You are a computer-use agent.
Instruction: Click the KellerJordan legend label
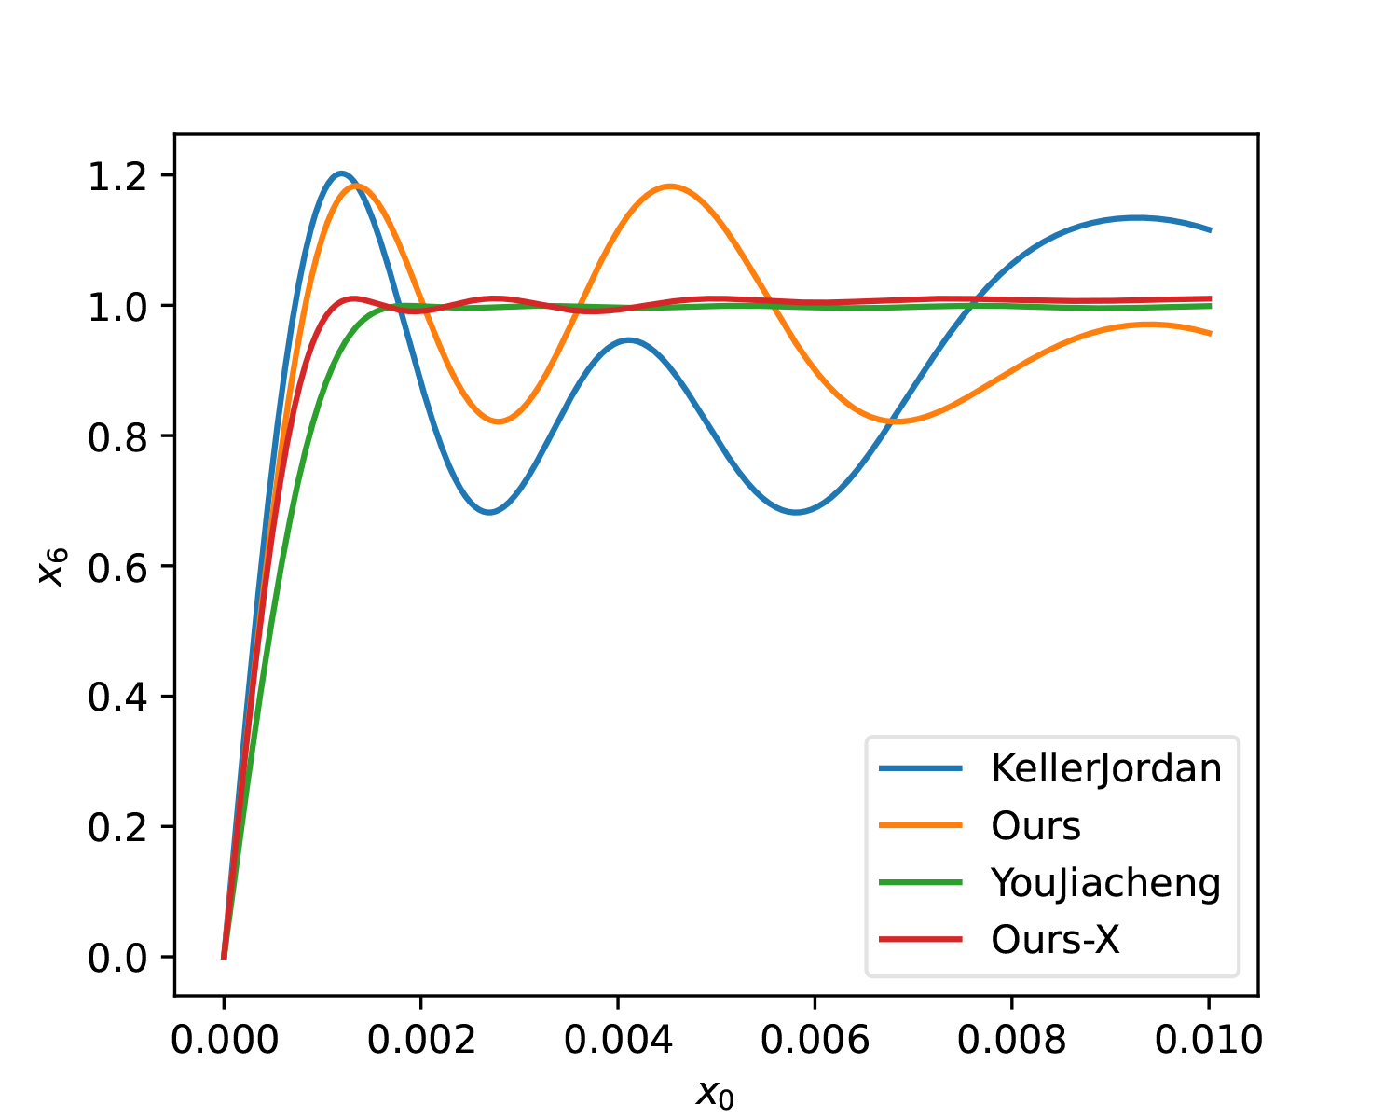tap(1106, 768)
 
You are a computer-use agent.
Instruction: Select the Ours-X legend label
tap(1055, 940)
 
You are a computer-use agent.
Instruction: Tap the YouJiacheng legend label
tap(1106, 882)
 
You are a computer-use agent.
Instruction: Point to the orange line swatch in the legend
tap(920, 825)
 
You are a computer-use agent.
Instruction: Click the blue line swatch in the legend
tap(920, 768)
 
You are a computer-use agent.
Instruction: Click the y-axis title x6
tap(53, 566)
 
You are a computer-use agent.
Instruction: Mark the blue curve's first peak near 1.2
tap(341, 173)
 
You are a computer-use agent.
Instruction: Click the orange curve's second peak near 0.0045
tap(669, 186)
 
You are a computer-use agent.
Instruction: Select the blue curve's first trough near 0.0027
tap(489, 512)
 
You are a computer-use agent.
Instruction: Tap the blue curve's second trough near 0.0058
tap(796, 512)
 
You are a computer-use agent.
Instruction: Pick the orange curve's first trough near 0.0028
tap(500, 421)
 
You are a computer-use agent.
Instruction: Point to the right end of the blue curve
tap(1209, 229)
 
